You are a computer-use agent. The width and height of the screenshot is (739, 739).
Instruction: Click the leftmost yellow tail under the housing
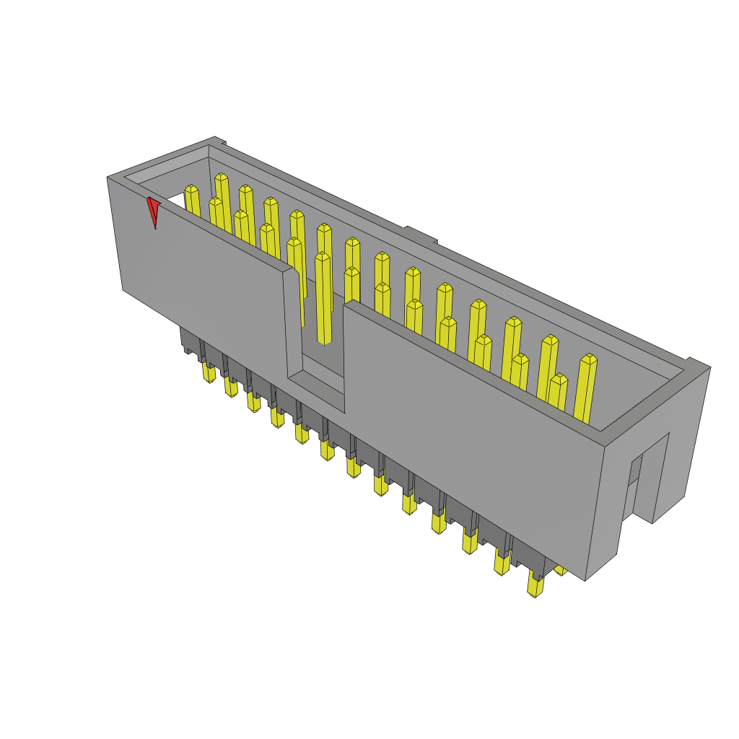point(209,373)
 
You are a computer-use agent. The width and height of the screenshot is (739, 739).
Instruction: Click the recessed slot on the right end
point(635,484)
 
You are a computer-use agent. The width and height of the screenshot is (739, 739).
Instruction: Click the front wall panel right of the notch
point(469,426)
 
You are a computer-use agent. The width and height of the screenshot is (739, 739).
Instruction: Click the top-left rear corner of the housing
point(215,139)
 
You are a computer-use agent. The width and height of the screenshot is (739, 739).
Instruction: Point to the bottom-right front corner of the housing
point(586,580)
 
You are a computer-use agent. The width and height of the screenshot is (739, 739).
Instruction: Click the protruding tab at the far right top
point(697,363)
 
